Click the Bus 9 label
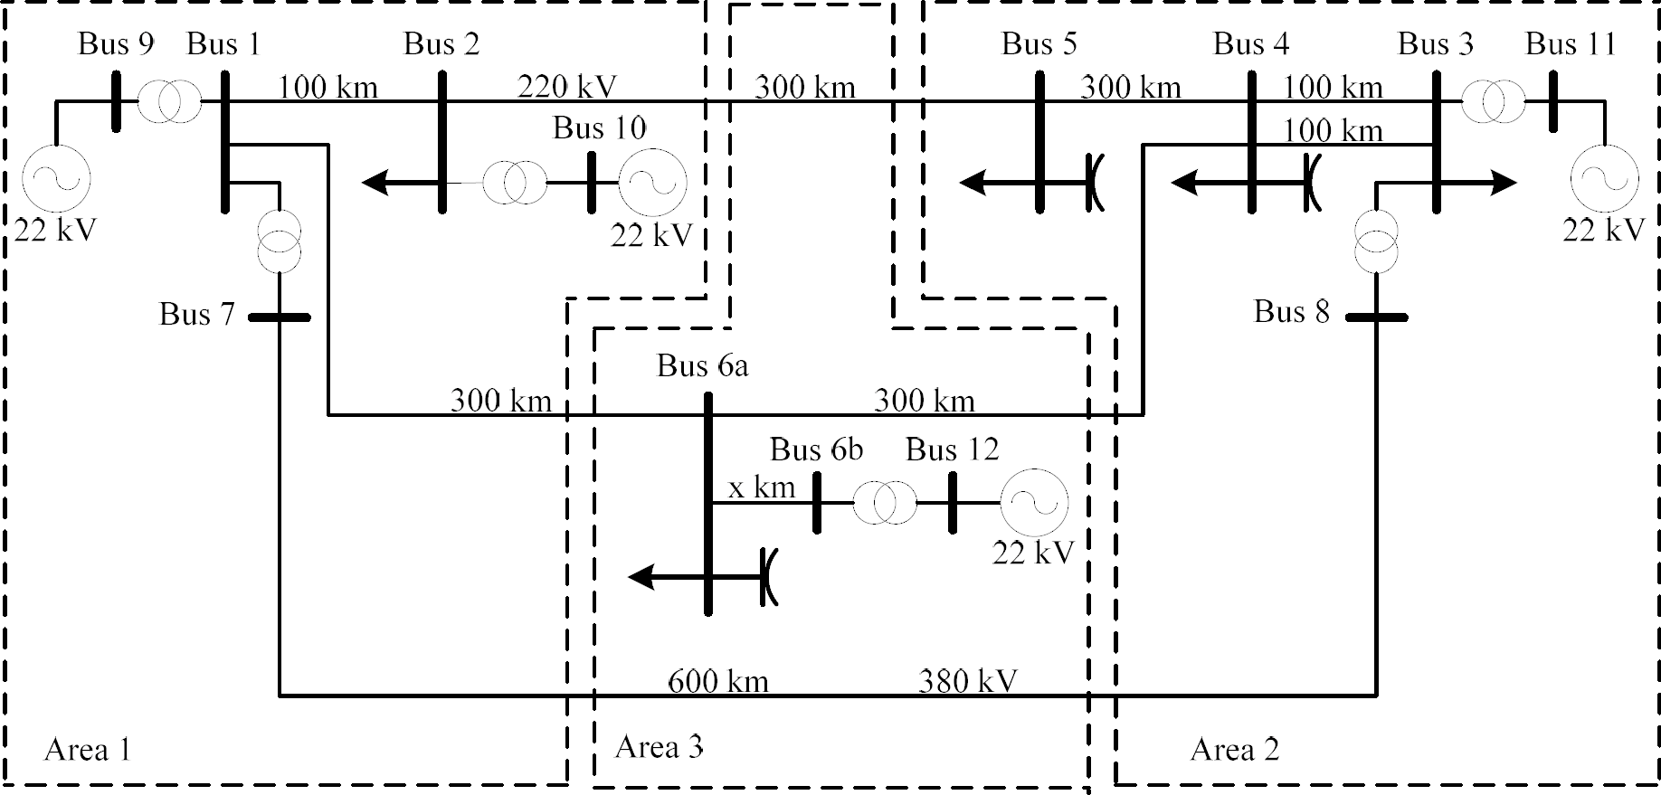(x=116, y=43)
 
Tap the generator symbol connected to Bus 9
(x=56, y=177)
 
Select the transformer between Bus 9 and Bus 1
(x=169, y=102)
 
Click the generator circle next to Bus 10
(x=652, y=183)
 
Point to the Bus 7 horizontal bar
(x=280, y=317)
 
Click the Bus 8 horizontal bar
(x=1376, y=317)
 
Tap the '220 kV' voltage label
(x=566, y=87)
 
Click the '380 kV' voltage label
(x=967, y=680)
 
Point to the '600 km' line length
(x=718, y=680)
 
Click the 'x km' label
(x=762, y=487)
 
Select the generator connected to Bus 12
(x=1033, y=503)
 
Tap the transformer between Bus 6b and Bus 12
(x=884, y=503)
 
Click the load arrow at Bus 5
(x=986, y=184)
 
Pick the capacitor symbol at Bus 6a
(x=769, y=576)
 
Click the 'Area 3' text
(x=659, y=747)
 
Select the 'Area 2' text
(x=1234, y=749)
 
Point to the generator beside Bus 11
(x=1604, y=178)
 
